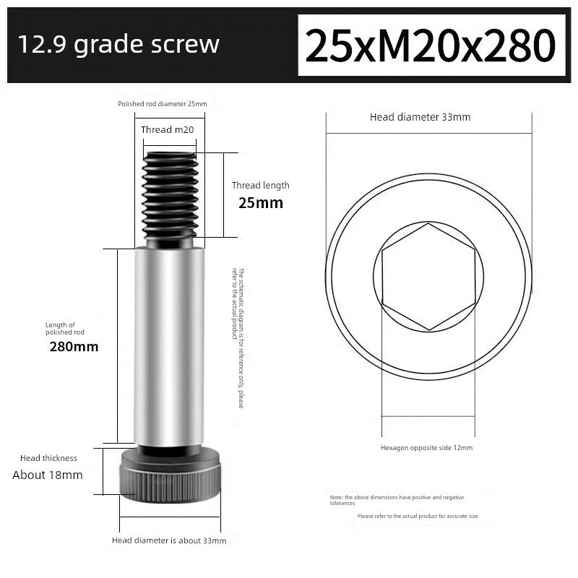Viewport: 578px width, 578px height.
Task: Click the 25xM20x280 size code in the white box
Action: point(430,46)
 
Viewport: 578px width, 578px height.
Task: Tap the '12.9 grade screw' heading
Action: point(118,45)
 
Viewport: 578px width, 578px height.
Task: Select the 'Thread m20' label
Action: point(168,130)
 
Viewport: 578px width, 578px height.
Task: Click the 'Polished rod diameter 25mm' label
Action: point(162,104)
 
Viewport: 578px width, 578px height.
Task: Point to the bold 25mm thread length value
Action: point(261,203)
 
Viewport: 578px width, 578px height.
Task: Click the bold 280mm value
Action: point(74,347)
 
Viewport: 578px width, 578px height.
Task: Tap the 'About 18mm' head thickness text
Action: point(48,475)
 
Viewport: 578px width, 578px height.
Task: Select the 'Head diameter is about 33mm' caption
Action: point(169,540)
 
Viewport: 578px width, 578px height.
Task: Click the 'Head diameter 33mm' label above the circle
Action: point(420,117)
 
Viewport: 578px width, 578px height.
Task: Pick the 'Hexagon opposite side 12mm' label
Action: point(426,448)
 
